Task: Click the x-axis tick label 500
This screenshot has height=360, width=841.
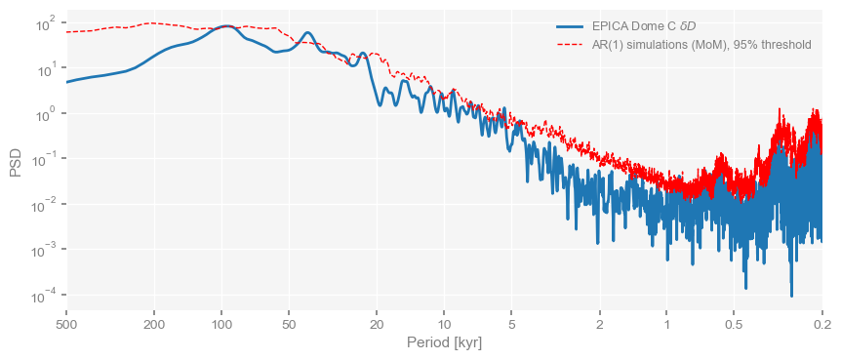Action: pyautogui.click(x=65, y=324)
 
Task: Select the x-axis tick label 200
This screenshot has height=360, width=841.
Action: pyautogui.click(x=154, y=324)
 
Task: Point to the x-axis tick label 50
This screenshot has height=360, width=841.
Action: pyautogui.click(x=289, y=324)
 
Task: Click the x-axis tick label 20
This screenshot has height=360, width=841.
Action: pyautogui.click(x=377, y=324)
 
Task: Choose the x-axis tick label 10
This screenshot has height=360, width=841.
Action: pyautogui.click(x=444, y=324)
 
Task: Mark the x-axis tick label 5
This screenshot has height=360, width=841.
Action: pyautogui.click(x=511, y=324)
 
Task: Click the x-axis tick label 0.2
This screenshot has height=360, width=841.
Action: pyautogui.click(x=821, y=324)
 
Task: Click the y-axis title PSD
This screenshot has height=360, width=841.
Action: pyautogui.click(x=16, y=161)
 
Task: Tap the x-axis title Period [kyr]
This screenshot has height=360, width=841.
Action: pyautogui.click(x=444, y=343)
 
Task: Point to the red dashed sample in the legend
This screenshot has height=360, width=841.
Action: pyautogui.click(x=570, y=45)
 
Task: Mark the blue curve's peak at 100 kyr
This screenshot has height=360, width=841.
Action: pyautogui.click(x=225, y=26)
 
